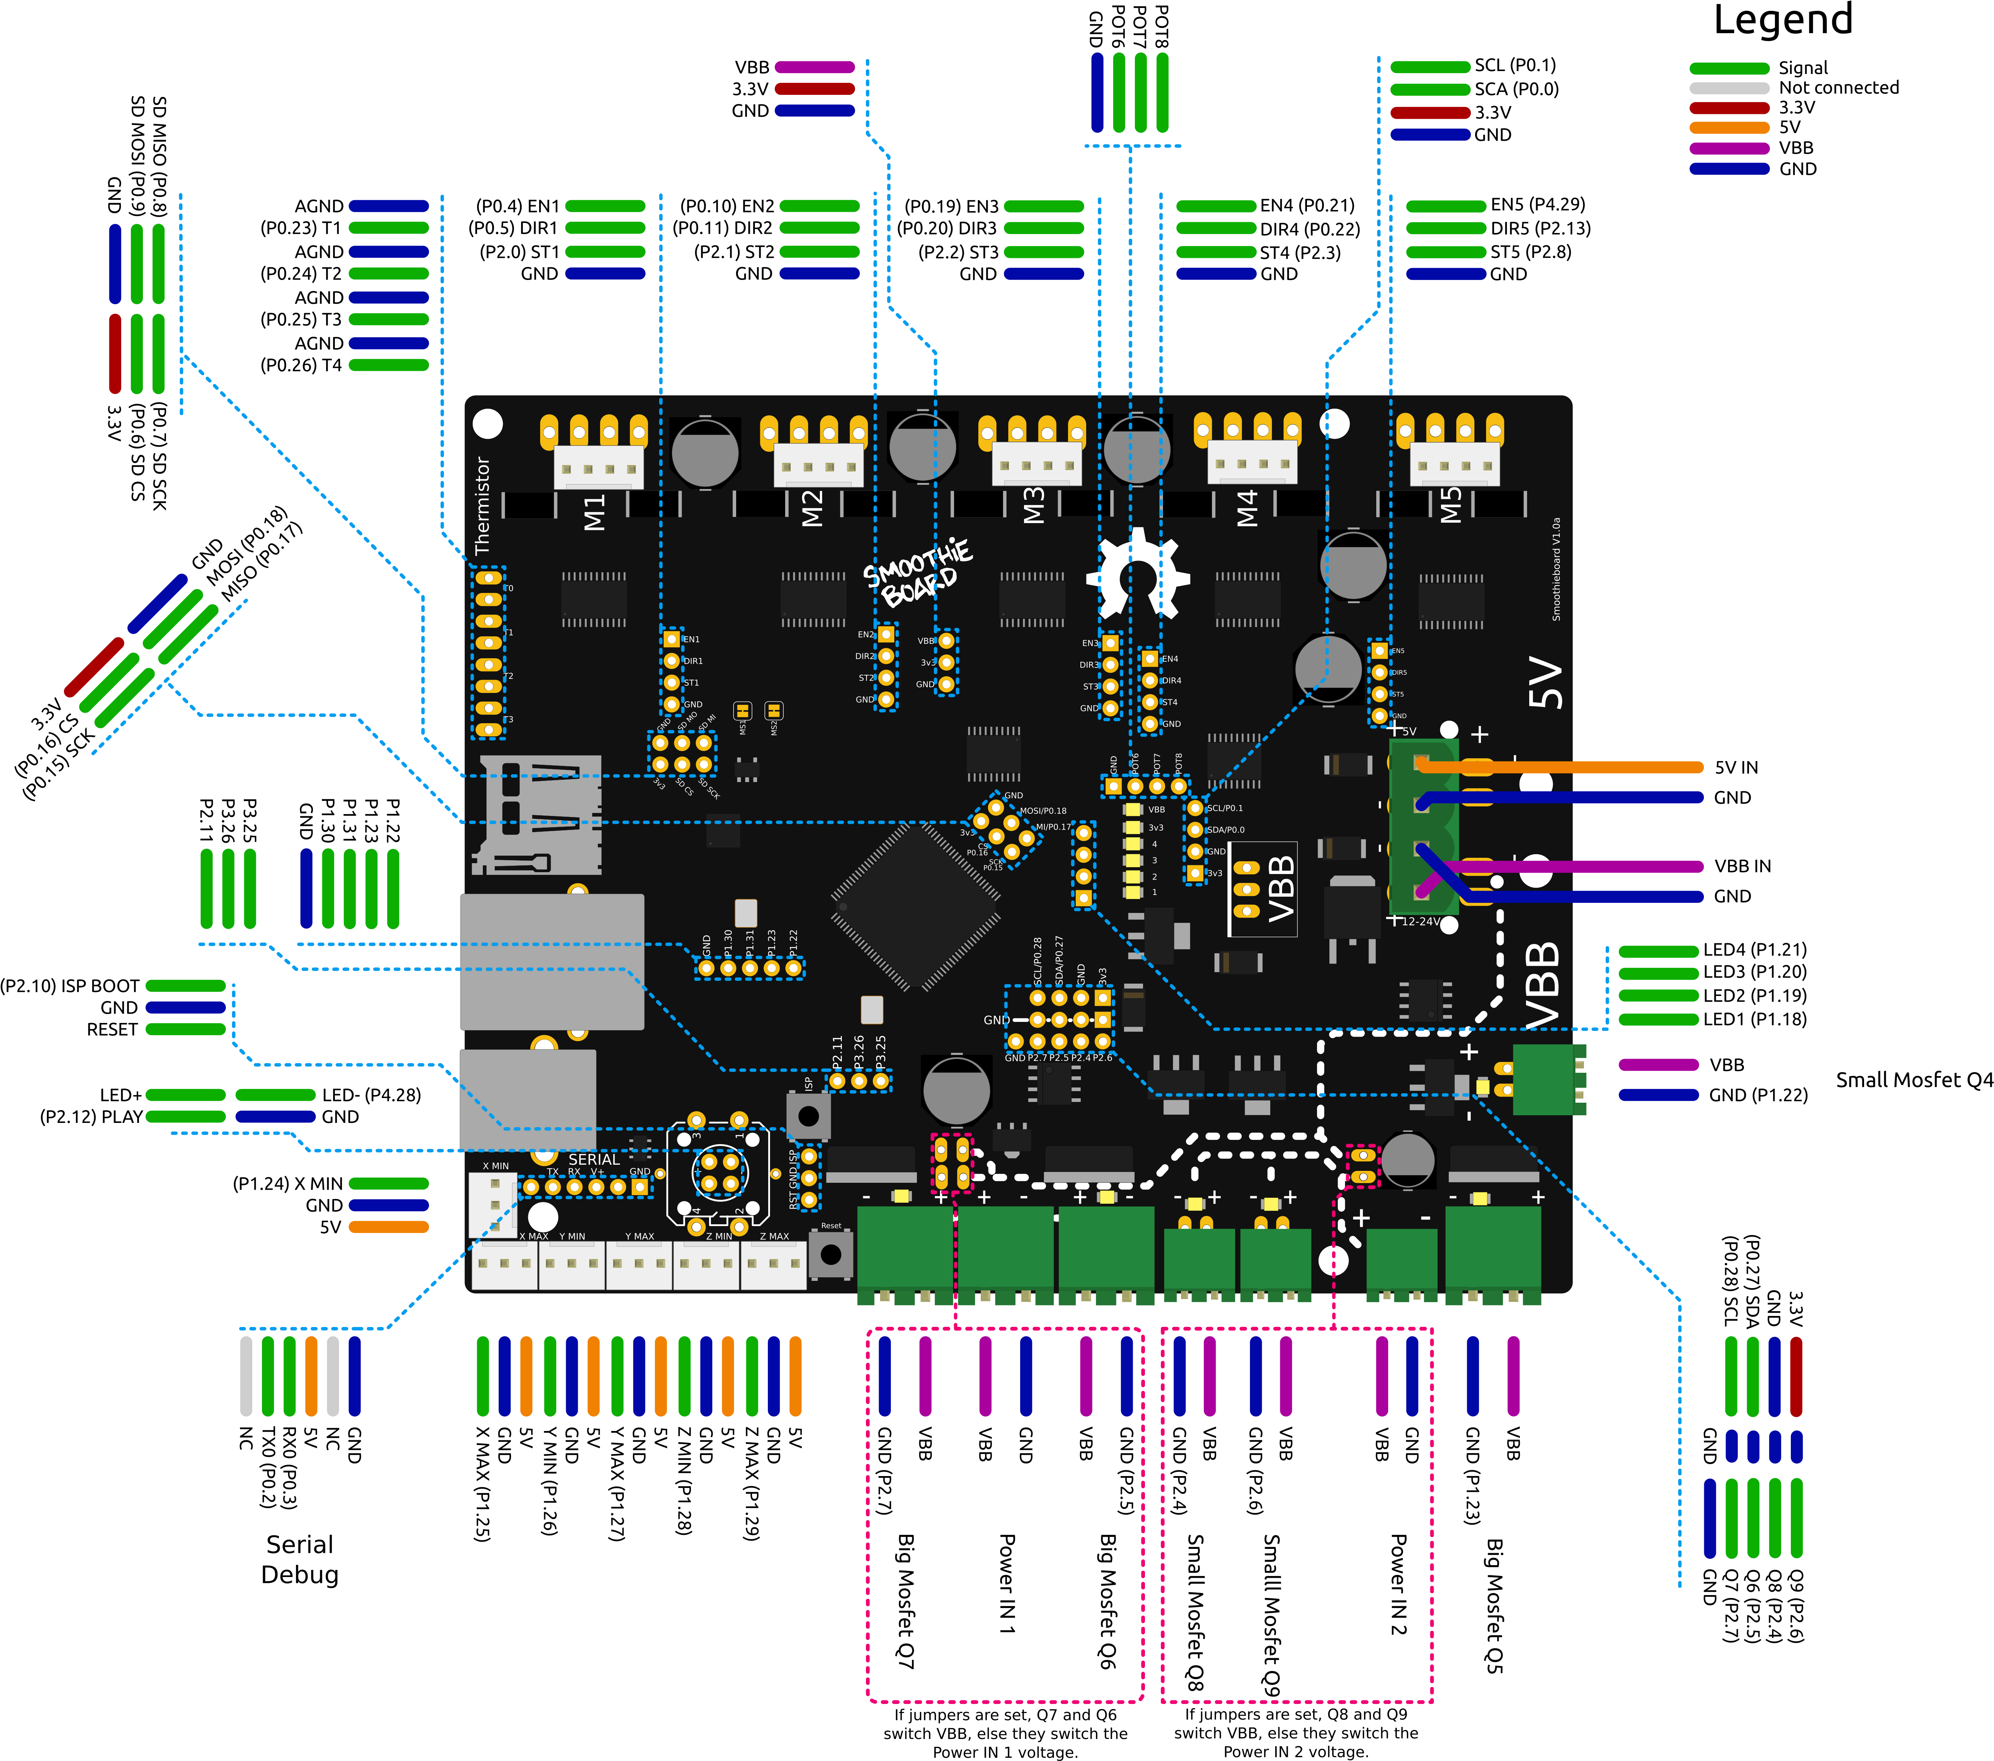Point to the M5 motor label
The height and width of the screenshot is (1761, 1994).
click(x=1452, y=505)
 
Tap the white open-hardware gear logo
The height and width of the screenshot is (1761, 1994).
click(x=1137, y=575)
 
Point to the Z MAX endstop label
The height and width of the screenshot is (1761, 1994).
click(x=775, y=1237)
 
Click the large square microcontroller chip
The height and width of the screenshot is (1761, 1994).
click(x=915, y=907)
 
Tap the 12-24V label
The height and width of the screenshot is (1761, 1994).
click(x=1420, y=922)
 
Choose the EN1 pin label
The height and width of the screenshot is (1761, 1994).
click(x=692, y=640)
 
